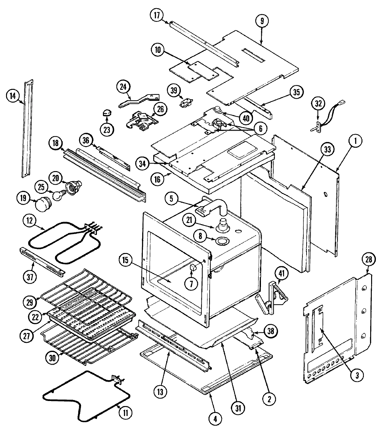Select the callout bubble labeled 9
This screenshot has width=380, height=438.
262,21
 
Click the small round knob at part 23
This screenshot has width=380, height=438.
107,113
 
